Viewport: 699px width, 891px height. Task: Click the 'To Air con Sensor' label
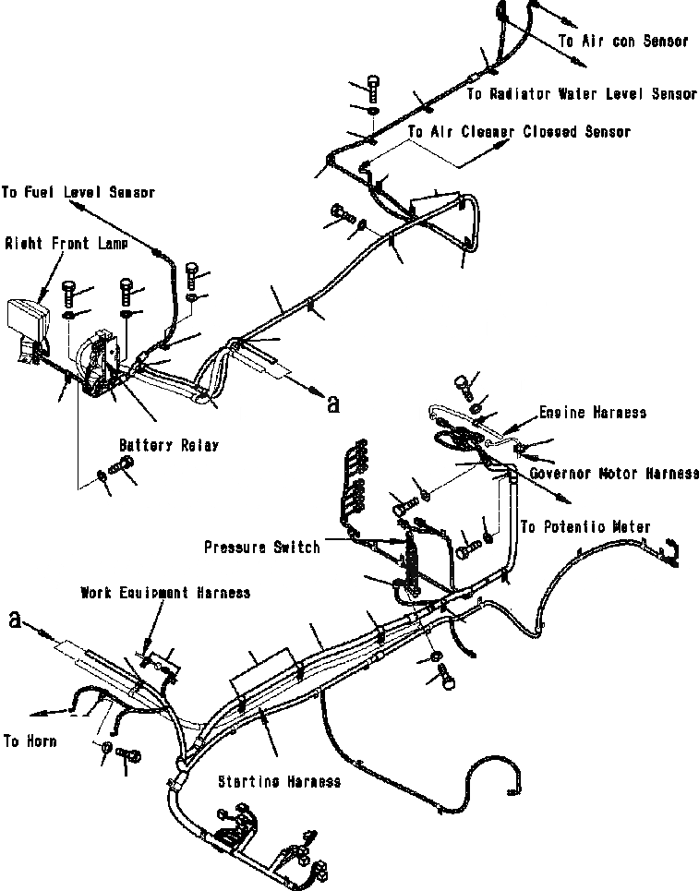pos(623,42)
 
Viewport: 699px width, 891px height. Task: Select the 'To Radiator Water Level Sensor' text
pos(581,94)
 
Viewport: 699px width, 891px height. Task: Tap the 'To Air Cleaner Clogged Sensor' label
pos(518,132)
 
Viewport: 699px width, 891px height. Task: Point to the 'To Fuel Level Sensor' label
pos(78,193)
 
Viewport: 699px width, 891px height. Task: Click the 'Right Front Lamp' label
pos(60,244)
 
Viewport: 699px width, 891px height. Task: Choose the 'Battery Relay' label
pos(168,445)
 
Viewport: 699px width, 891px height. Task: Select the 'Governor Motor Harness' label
pos(615,474)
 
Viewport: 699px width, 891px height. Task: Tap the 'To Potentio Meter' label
pos(585,527)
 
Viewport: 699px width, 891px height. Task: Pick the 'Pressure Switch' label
pos(262,547)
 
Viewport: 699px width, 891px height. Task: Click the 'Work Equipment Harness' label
pos(165,592)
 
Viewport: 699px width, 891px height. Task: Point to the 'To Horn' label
pos(30,740)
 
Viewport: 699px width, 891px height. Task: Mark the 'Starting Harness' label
pos(279,782)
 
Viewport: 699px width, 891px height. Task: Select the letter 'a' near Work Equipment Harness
pos(14,620)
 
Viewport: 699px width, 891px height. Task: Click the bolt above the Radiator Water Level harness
pos(373,87)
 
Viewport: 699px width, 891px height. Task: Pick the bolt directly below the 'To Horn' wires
pos(130,755)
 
